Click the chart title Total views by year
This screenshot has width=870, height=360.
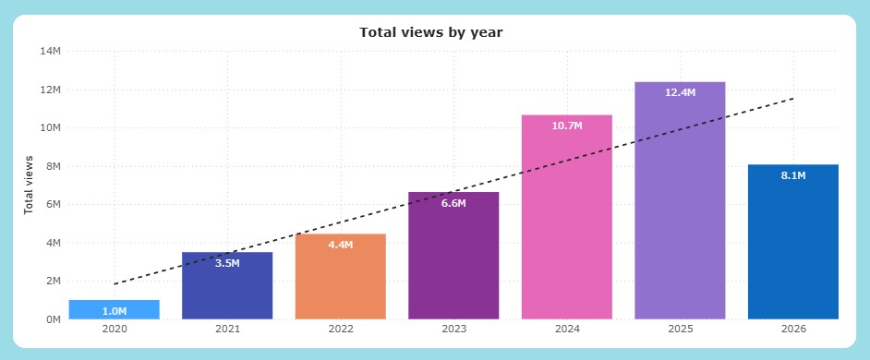430,32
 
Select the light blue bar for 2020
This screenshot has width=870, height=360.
115,309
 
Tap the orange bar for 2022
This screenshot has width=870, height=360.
341,277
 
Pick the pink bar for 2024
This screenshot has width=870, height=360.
567,217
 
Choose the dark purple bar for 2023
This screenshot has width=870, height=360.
453,256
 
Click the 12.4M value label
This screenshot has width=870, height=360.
681,92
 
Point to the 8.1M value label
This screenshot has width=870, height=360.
793,175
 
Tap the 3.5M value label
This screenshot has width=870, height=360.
227,263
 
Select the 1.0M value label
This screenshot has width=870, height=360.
115,311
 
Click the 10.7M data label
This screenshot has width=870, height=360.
567,126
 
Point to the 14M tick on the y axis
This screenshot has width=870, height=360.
51,51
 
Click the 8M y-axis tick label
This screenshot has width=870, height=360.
53,166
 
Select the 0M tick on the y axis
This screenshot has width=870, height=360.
53,319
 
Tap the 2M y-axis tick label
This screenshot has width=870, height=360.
53,282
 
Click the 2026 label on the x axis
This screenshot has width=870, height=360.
793,329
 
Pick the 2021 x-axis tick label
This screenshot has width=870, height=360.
227,329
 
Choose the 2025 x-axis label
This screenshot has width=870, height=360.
681,329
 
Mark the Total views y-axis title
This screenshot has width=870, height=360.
29,185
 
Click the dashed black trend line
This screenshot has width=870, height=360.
453,191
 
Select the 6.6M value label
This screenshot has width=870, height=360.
453,203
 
